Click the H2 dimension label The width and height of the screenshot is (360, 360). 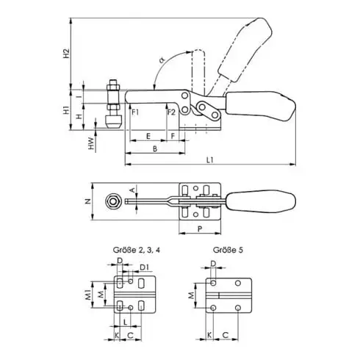tap(66, 53)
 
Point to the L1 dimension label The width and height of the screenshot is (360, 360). tap(211, 159)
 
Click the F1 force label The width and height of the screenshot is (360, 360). tap(136, 112)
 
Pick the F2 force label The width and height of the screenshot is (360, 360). tap(170, 112)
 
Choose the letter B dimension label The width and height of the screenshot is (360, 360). tap(154, 148)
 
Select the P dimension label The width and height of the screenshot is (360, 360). tap(200, 228)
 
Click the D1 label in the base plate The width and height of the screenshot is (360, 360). tap(145, 267)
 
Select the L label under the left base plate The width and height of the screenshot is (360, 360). tap(126, 321)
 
